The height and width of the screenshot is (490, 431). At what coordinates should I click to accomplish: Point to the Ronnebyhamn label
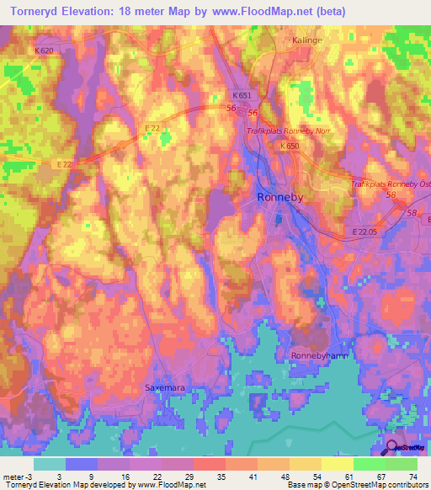(320, 355)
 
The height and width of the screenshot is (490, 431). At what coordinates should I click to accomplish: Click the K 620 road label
(44, 51)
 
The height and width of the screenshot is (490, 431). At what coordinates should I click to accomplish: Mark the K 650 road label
(290, 146)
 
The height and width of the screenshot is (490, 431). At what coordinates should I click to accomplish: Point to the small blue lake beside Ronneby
(278, 219)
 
